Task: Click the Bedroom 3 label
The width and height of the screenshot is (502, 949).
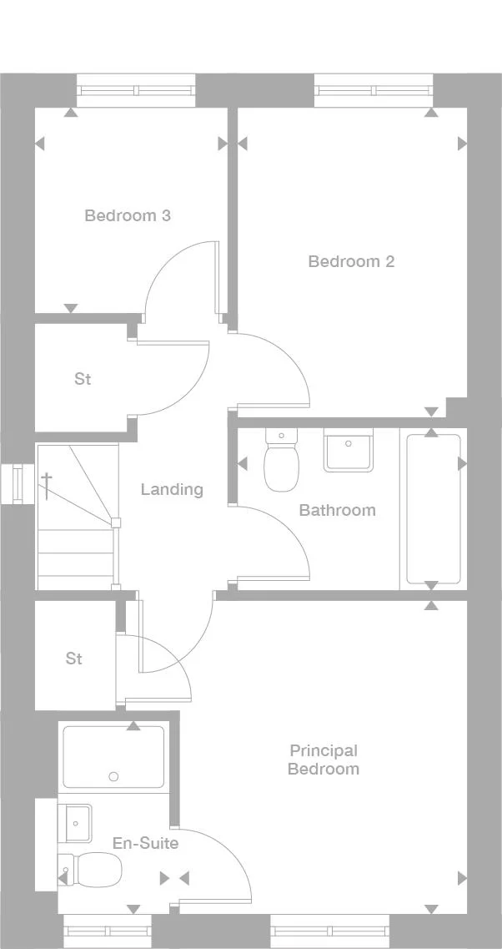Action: click(128, 215)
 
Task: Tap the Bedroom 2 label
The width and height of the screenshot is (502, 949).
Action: click(351, 261)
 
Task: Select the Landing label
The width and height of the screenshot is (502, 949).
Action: click(172, 489)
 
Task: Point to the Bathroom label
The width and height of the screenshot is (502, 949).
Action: click(337, 510)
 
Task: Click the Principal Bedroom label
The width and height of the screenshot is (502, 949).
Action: click(323, 760)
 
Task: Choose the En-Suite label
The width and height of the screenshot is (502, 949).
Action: click(145, 843)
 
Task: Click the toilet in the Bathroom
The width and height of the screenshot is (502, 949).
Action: click(280, 464)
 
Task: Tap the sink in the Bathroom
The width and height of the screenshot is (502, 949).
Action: click(349, 451)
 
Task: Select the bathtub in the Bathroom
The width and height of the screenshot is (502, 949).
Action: click(433, 508)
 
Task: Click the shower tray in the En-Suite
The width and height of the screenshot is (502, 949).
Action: click(113, 757)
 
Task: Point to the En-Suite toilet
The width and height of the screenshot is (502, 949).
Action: click(92, 870)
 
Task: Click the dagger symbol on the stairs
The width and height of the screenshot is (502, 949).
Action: click(48, 485)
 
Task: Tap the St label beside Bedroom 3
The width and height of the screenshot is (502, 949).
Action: click(83, 379)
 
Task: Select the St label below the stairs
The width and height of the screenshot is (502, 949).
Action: click(74, 659)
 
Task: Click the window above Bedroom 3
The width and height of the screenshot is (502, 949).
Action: click(136, 90)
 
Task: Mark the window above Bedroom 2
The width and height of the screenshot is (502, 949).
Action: click(374, 90)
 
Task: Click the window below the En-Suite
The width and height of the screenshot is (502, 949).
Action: click(107, 931)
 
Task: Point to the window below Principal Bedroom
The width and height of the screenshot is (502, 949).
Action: click(329, 931)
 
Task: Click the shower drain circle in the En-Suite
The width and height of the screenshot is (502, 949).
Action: click(113, 776)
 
